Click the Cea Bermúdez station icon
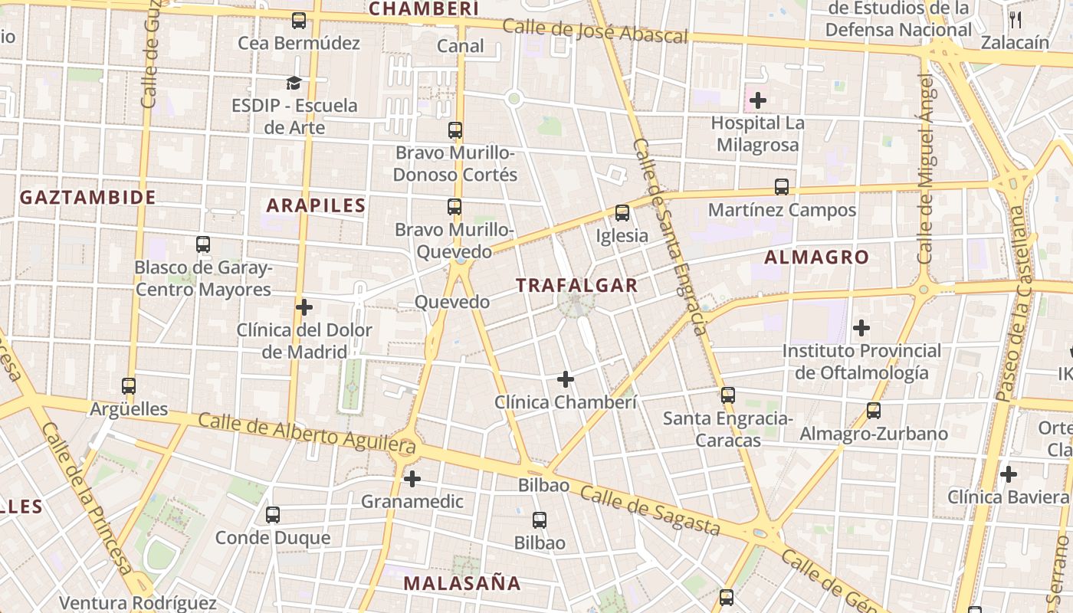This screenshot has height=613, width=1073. coord(299,21)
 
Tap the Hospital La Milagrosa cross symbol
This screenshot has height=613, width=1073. coord(758,100)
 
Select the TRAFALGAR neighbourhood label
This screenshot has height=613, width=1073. coord(576,285)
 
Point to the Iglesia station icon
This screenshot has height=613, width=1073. coord(622,212)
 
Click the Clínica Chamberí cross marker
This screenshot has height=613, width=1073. coord(566,379)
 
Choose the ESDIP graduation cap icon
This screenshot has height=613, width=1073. coord(294,83)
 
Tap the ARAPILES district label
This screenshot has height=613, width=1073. coord(316,205)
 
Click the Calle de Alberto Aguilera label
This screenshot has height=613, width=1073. coord(307,433)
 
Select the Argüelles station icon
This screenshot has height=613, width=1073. coord(129,386)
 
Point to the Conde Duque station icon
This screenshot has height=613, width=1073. coord(273,515)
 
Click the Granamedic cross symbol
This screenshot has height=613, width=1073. coord(412,479)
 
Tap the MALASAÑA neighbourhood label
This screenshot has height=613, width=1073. coord(462,583)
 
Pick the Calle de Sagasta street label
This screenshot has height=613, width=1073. coord(650,510)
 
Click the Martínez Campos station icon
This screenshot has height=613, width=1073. coord(782,186)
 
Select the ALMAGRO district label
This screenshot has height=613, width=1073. coord(817,257)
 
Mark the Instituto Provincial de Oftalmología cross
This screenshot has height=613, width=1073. coord(861,328)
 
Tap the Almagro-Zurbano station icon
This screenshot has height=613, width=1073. coord(874,411)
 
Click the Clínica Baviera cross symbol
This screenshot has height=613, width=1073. coord(1009,474)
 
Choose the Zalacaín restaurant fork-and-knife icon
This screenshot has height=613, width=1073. coord(1016,20)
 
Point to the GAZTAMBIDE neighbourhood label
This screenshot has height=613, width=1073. coord(87,198)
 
